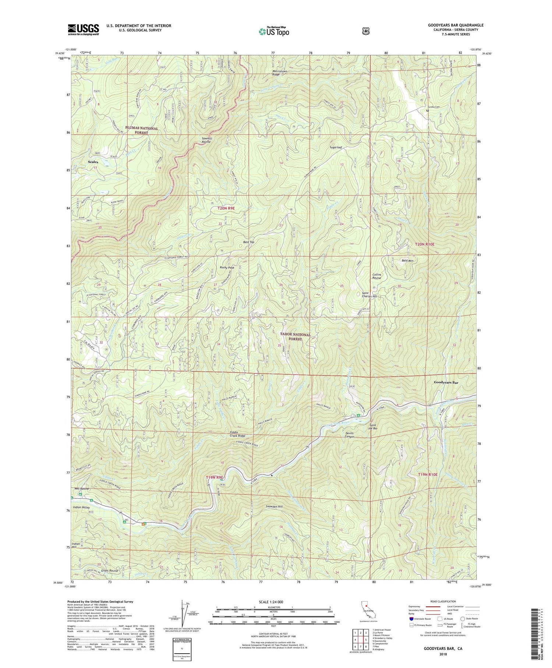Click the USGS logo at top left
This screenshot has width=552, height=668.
[83, 29]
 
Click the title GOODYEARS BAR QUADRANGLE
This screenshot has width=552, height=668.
[453, 25]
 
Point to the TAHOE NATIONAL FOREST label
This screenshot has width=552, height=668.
[296, 337]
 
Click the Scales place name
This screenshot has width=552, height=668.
[93, 162]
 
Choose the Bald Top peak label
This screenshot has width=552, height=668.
[249, 242]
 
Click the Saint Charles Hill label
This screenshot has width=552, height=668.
[369, 295]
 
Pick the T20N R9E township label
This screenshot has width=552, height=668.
[226, 209]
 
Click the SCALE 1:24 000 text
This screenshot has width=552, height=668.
[273, 602]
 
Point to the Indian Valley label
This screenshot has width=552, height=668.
[82, 507]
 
